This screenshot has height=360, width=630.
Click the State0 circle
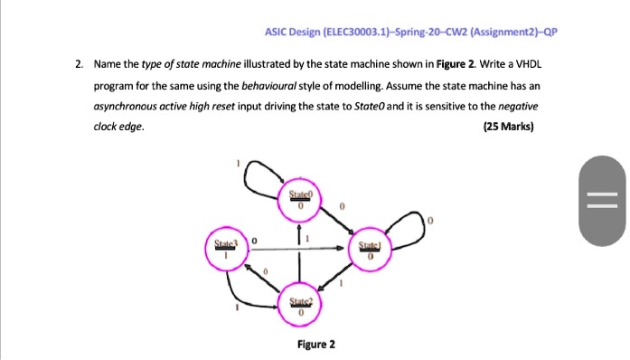pos(299,204)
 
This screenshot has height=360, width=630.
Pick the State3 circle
pos(225,251)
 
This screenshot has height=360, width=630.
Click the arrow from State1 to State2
pos(336,280)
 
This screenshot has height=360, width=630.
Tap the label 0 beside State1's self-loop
pos(431,220)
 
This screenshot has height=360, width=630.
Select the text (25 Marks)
pos(511,127)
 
